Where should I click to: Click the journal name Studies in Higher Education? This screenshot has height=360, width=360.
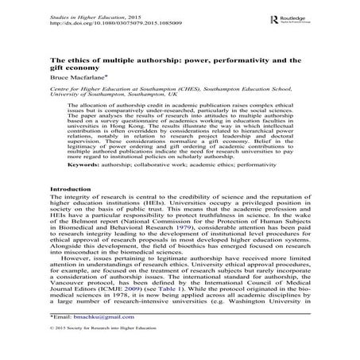tap(74, 8)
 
